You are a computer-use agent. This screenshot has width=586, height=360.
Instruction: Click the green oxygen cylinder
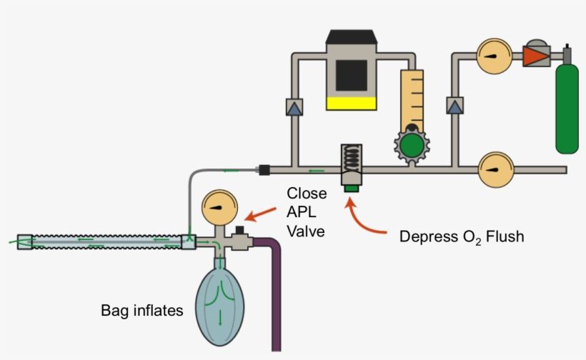[x=567, y=107]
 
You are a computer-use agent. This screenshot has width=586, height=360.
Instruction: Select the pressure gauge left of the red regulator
[x=492, y=56]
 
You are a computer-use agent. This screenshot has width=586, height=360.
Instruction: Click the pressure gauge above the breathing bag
[x=219, y=207]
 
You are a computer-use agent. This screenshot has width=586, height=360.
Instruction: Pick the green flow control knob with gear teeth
[x=411, y=146]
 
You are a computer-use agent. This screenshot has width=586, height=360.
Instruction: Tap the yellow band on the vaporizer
[x=351, y=103]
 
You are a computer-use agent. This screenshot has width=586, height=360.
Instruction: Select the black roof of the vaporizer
[x=351, y=36]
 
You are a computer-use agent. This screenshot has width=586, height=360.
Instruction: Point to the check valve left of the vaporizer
[x=293, y=107]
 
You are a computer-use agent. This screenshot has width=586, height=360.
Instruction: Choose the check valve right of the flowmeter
[x=454, y=106]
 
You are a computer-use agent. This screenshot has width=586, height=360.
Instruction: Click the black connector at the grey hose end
[x=263, y=170]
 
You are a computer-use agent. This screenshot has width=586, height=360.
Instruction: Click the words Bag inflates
[x=142, y=311]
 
